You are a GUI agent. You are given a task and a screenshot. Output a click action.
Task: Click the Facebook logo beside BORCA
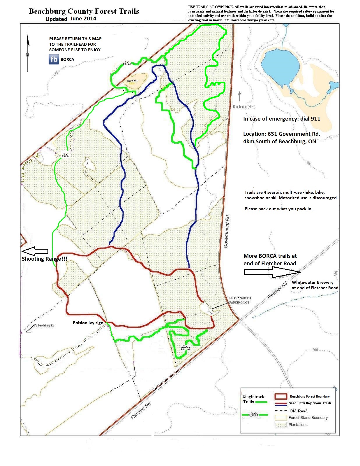coord(54,59)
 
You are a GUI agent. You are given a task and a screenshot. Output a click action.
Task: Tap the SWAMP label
coord(133,81)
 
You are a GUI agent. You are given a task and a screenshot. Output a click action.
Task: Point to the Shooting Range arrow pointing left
coord(35,251)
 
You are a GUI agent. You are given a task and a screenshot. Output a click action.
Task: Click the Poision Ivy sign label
coord(88,323)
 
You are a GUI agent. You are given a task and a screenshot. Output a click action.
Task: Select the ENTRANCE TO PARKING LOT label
coord(240,300)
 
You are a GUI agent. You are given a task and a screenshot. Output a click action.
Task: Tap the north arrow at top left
coord(28,52)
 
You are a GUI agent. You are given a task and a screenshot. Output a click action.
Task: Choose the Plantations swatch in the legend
coord(281,425)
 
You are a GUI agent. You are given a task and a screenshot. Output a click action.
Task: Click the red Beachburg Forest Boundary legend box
coord(281,396)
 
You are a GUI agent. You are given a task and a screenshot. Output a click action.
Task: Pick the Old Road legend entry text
coord(298,411)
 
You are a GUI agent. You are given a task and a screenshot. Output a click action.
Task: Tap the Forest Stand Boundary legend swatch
coord(281,418)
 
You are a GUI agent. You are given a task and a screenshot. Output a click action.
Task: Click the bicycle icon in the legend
coord(253,414)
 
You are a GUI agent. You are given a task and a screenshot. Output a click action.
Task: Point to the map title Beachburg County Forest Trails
coord(84,11)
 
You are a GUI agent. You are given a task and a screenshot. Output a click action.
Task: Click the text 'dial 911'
coord(308,119)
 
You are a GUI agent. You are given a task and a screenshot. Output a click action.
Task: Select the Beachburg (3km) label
coord(244,107)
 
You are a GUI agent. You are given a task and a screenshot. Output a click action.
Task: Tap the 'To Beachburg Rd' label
coord(44,325)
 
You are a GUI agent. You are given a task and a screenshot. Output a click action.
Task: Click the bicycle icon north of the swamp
coord(127,63)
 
